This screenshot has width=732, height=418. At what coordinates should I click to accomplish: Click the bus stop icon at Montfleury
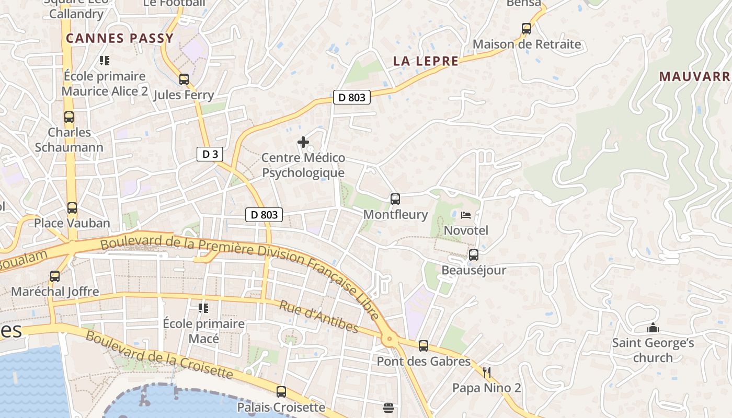(x=395, y=199)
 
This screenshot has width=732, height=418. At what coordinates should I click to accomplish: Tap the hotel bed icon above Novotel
(x=466, y=215)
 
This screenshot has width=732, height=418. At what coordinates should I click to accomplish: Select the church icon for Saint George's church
(x=653, y=328)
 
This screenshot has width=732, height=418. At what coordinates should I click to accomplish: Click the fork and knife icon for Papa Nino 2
(x=487, y=372)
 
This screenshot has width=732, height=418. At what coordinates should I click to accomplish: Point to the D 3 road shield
(x=210, y=154)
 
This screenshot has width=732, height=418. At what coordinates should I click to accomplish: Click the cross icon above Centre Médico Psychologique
(x=303, y=142)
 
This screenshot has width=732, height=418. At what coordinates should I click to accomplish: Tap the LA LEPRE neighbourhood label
(x=426, y=61)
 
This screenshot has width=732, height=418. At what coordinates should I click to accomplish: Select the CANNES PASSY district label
(x=120, y=38)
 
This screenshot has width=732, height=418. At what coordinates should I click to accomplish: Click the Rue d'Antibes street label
(x=318, y=317)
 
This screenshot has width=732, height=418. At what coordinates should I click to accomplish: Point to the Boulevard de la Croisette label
(x=159, y=355)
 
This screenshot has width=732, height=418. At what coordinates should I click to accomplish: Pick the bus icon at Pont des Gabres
(x=424, y=345)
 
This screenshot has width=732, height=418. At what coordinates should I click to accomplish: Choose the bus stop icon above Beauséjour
(x=474, y=255)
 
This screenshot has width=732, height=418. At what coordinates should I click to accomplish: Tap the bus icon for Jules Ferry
(x=184, y=79)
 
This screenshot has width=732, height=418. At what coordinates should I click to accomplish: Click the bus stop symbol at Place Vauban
(x=72, y=208)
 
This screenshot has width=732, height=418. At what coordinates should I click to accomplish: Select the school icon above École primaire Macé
(x=203, y=308)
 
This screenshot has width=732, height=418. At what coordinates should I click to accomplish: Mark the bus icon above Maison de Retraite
(x=527, y=29)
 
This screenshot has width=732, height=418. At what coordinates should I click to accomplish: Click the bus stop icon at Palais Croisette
(x=281, y=392)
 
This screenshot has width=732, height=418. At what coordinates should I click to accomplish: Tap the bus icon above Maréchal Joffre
(x=55, y=276)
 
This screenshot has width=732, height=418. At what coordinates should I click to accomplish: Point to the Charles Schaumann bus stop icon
(x=69, y=117)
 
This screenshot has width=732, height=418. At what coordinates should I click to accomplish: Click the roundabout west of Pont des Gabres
(x=389, y=339)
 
